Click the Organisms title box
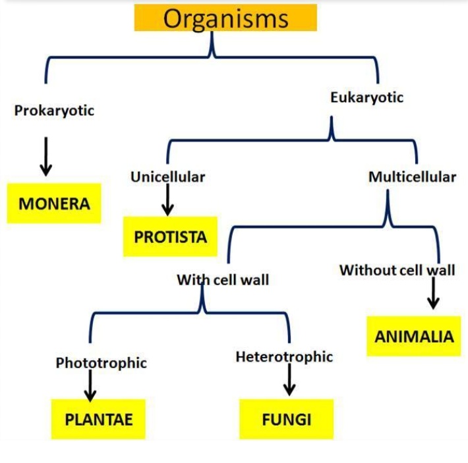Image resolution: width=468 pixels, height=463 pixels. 225,18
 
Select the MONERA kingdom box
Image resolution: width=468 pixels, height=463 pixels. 54,203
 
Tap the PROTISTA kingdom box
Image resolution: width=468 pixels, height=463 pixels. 170,236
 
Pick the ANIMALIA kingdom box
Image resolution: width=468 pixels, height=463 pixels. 414,337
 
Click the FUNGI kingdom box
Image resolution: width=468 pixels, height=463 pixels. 286,419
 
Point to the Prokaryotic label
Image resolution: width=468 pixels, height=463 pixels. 54,110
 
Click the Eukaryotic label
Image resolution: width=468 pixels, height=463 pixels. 366,97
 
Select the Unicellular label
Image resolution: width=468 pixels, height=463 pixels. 167,177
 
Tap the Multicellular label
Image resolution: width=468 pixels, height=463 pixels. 412,177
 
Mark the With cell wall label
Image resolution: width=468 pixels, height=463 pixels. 223,280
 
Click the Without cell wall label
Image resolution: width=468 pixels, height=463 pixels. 397,270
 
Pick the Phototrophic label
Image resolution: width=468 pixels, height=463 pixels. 101,363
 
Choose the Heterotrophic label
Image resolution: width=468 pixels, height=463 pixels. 284,357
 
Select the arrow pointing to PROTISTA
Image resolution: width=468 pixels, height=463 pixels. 167,199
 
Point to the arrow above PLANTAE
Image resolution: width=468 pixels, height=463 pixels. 90,385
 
